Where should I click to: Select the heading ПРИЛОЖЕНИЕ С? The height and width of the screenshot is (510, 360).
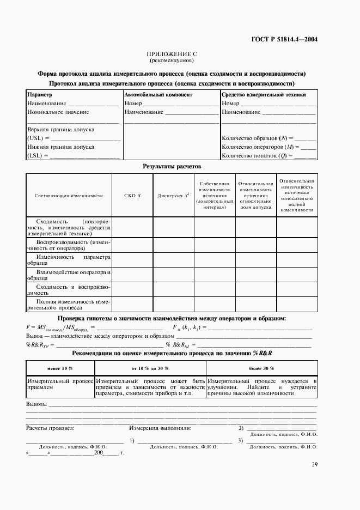[x=172, y=54]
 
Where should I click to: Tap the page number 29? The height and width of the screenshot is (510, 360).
[x=315, y=464]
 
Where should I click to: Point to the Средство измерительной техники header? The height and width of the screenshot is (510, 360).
[x=264, y=95]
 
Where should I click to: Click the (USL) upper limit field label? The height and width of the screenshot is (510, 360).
[x=38, y=138]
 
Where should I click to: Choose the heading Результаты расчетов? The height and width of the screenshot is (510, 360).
[x=172, y=166]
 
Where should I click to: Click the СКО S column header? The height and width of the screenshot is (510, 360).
[x=132, y=195]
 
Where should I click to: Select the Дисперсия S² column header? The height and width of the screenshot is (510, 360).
[x=173, y=195]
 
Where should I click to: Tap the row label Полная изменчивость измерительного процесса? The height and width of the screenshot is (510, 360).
[x=69, y=304]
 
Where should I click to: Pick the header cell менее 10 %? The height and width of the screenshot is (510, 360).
[x=60, y=368]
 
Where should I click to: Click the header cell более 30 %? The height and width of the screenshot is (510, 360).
[x=261, y=368]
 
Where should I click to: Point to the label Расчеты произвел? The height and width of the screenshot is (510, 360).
[x=50, y=428]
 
